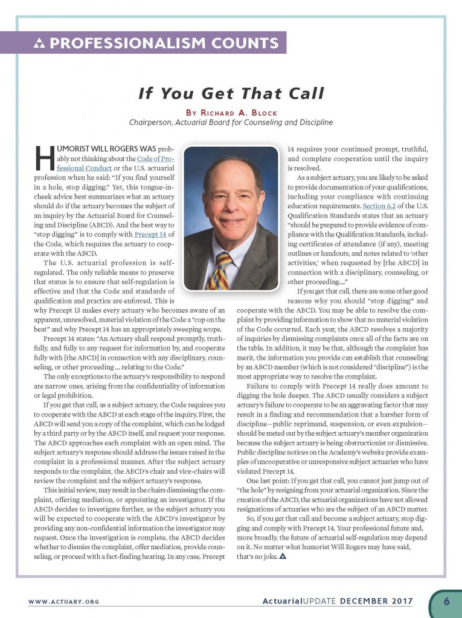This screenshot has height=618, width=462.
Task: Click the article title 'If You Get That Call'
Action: click(x=231, y=93)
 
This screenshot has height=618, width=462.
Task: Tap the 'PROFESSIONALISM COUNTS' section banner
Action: click(x=158, y=43)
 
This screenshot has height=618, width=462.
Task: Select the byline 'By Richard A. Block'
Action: click(x=231, y=111)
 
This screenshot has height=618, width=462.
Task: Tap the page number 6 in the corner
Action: click(x=446, y=600)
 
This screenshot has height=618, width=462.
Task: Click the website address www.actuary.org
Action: click(x=63, y=602)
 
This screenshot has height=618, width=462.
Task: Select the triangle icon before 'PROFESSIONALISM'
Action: click(x=41, y=43)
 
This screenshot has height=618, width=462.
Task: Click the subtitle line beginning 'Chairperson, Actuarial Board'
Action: click(x=231, y=123)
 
